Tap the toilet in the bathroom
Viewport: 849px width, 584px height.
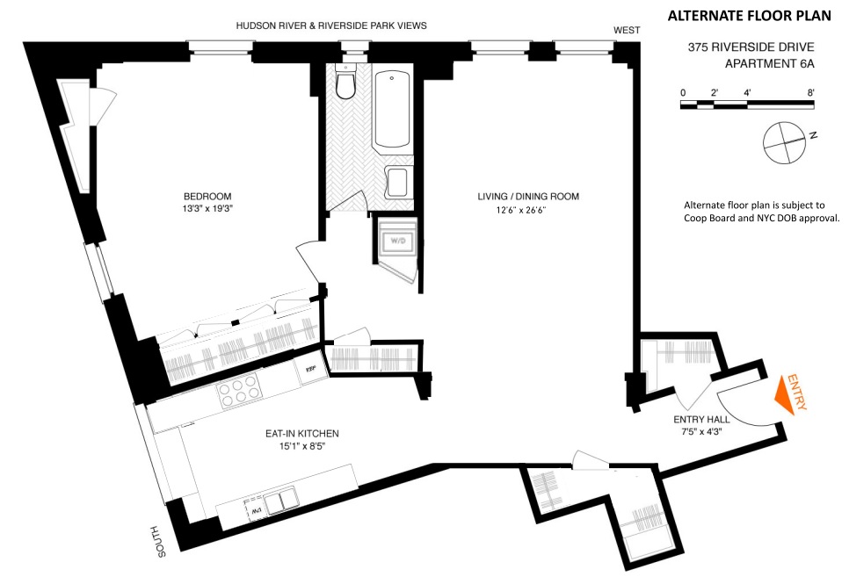pyautogui.click(x=345, y=85)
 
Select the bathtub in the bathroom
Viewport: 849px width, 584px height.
pyautogui.click(x=391, y=112)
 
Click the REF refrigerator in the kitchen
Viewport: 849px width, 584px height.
pyautogui.click(x=309, y=370)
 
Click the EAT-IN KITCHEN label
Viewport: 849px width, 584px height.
pyautogui.click(x=302, y=434)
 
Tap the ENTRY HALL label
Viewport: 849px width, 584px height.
pyautogui.click(x=698, y=420)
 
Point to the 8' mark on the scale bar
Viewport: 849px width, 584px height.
pyautogui.click(x=810, y=92)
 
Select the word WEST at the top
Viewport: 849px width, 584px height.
pyautogui.click(x=626, y=30)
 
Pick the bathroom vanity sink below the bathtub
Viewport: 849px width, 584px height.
pyautogui.click(x=396, y=183)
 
